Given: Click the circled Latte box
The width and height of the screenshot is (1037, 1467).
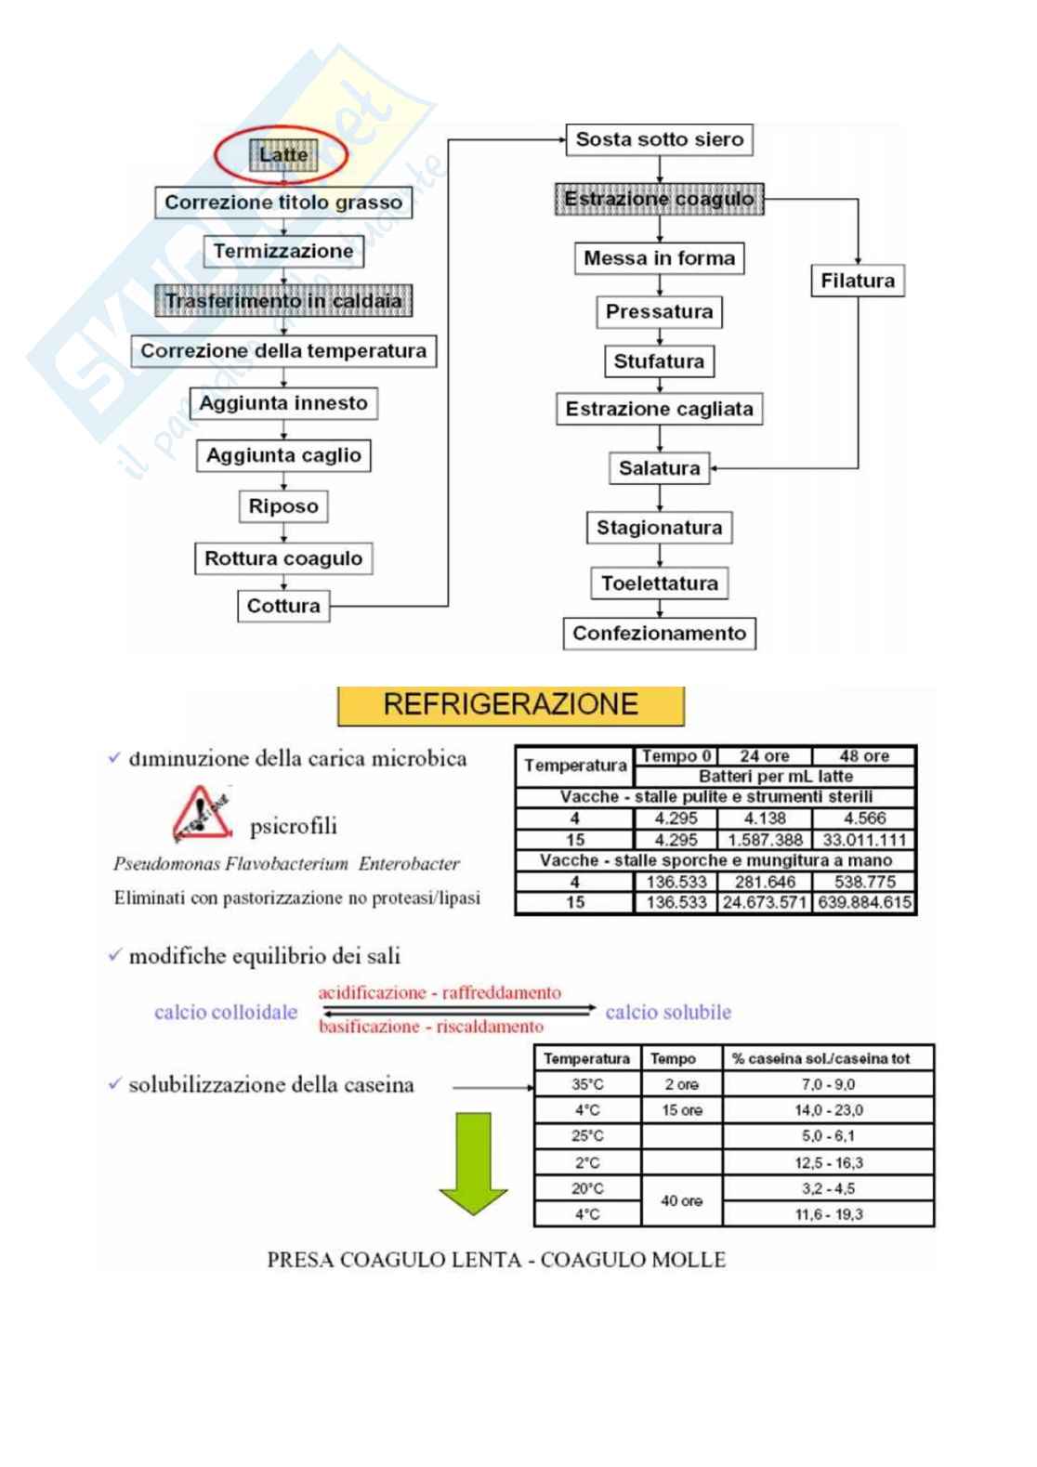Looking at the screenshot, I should tap(282, 155).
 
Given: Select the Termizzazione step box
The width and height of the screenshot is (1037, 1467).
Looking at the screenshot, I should tap(283, 251).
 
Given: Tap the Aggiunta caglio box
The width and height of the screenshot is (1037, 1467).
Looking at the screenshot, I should tap(283, 455).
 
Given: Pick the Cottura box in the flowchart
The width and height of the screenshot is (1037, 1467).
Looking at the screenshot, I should tap(283, 606).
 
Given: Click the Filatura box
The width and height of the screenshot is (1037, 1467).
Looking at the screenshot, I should tap(857, 281).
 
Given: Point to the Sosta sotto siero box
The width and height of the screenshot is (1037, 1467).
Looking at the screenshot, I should tap(659, 139).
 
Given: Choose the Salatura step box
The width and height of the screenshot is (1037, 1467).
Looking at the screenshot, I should tap(659, 468).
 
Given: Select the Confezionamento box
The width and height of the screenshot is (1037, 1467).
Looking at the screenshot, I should tap(659, 634).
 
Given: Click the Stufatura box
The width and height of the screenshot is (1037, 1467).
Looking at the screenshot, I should tap(659, 361).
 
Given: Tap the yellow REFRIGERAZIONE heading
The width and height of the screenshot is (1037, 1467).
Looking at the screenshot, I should tap(510, 705).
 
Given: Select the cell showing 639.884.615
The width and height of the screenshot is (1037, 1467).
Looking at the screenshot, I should tap(864, 902).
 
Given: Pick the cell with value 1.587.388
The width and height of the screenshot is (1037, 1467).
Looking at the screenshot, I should tap(765, 840).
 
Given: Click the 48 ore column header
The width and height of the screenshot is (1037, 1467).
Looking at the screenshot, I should tap(864, 756).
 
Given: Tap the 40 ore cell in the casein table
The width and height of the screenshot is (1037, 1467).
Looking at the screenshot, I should tap(681, 1201).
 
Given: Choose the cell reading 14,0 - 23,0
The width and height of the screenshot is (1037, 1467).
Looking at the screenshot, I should tap(828, 1110).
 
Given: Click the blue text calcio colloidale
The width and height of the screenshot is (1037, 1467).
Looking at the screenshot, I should tap(226, 1012).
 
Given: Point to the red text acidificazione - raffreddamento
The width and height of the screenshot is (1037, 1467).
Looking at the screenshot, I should tap(440, 992).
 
